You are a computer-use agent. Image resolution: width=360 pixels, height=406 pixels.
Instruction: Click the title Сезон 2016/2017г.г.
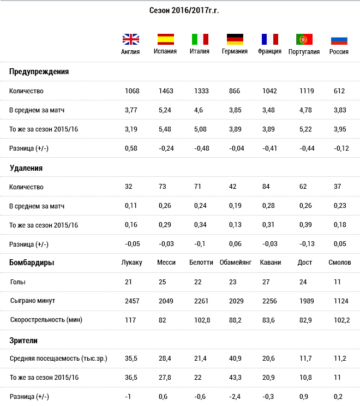click(184, 10)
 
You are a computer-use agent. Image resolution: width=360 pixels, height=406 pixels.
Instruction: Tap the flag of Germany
click(235, 39)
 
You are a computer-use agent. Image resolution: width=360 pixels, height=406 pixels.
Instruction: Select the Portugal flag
click(304, 39)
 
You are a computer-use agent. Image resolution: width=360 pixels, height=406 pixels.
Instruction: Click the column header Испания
click(165, 51)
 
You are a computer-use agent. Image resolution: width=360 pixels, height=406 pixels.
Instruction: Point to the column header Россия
click(339, 51)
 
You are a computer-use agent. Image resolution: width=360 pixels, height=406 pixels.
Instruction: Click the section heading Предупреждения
click(39, 71)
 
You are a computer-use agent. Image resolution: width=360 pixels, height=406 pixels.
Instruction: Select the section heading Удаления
click(26, 168)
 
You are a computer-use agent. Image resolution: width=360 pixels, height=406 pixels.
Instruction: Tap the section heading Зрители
click(23, 341)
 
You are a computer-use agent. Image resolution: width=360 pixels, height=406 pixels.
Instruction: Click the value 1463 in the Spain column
click(166, 91)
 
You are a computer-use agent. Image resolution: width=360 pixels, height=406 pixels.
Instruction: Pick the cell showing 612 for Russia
click(339, 91)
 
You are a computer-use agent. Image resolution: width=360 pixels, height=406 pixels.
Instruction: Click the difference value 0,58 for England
click(131, 148)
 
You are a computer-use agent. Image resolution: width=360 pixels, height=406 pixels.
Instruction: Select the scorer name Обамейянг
click(236, 262)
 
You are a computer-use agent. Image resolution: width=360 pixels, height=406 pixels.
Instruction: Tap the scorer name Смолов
click(340, 262)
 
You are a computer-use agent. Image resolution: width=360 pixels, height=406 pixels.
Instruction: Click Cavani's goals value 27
click(266, 282)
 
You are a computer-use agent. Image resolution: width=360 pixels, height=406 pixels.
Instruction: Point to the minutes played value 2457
click(132, 301)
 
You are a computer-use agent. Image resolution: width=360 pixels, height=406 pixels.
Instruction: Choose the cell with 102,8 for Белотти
click(202, 320)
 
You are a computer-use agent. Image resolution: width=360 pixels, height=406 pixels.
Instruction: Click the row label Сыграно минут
click(33, 301)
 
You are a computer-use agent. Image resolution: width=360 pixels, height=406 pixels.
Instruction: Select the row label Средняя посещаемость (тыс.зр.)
click(58, 359)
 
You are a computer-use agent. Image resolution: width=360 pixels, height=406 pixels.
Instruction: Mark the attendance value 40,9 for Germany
click(235, 359)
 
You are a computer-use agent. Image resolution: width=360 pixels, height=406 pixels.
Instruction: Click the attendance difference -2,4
click(235, 397)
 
